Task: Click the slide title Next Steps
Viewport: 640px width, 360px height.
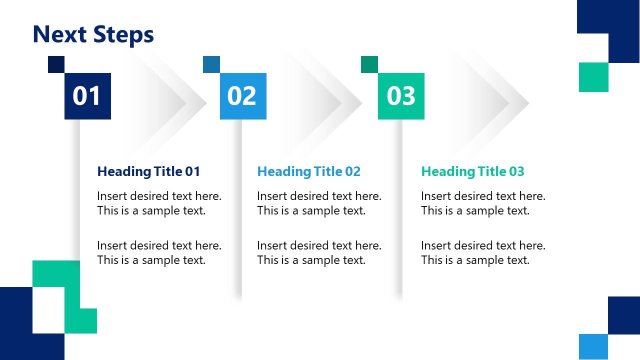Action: coord(93,34)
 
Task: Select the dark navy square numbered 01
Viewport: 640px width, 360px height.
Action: coord(87,96)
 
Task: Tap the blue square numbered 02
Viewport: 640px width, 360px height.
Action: coord(243,96)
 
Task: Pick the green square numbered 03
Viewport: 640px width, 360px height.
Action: coord(401,96)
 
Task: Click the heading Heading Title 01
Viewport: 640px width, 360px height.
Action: coord(148,171)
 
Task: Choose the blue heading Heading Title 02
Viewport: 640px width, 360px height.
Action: coord(308,171)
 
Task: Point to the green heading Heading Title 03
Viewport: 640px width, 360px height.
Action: coord(472,171)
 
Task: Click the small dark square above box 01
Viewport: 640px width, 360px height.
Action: coord(56,64)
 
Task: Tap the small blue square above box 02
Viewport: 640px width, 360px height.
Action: coord(211,64)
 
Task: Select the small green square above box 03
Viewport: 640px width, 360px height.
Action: coord(369,64)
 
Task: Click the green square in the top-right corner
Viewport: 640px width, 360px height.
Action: coord(593,77)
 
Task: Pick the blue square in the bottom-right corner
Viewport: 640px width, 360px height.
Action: coord(593,346)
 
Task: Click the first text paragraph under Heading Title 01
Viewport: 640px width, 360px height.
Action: coord(159,203)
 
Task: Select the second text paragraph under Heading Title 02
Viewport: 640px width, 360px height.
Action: coord(319,252)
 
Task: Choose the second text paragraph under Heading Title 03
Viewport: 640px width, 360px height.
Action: coord(483,252)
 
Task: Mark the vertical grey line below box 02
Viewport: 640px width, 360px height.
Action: coord(239,210)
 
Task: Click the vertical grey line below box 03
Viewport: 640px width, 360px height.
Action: coord(399,210)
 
